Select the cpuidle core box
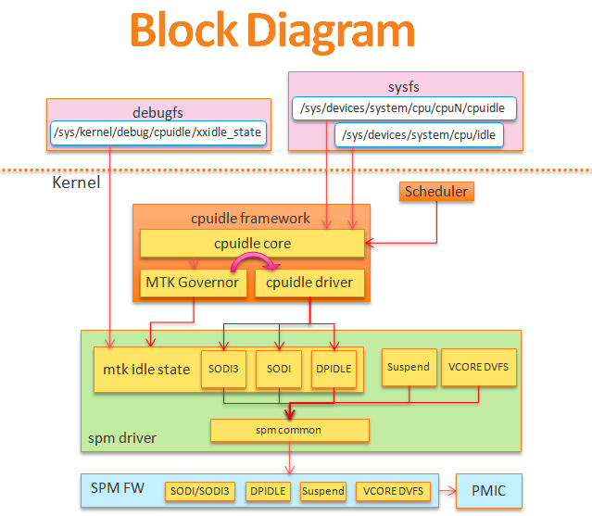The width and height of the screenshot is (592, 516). (x=252, y=244)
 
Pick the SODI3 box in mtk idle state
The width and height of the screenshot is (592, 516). (x=222, y=370)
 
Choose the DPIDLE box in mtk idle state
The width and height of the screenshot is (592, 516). (x=334, y=370)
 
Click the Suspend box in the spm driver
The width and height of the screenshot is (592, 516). (x=408, y=367)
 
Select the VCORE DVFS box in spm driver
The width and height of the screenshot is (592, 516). (x=479, y=367)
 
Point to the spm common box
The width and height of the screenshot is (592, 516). (x=289, y=431)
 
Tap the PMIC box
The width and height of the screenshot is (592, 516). (x=488, y=489)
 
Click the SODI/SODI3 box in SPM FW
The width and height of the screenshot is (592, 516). (x=199, y=491)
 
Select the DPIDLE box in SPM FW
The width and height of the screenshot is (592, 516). (x=268, y=491)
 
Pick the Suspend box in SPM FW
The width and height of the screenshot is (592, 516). (x=322, y=491)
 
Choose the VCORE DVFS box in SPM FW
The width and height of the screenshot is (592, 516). (x=392, y=491)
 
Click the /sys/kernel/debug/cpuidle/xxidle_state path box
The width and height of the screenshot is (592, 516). (x=158, y=132)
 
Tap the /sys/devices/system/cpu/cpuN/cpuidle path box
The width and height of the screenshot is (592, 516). (x=403, y=107)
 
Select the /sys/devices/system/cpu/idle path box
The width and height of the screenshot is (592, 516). (x=419, y=135)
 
